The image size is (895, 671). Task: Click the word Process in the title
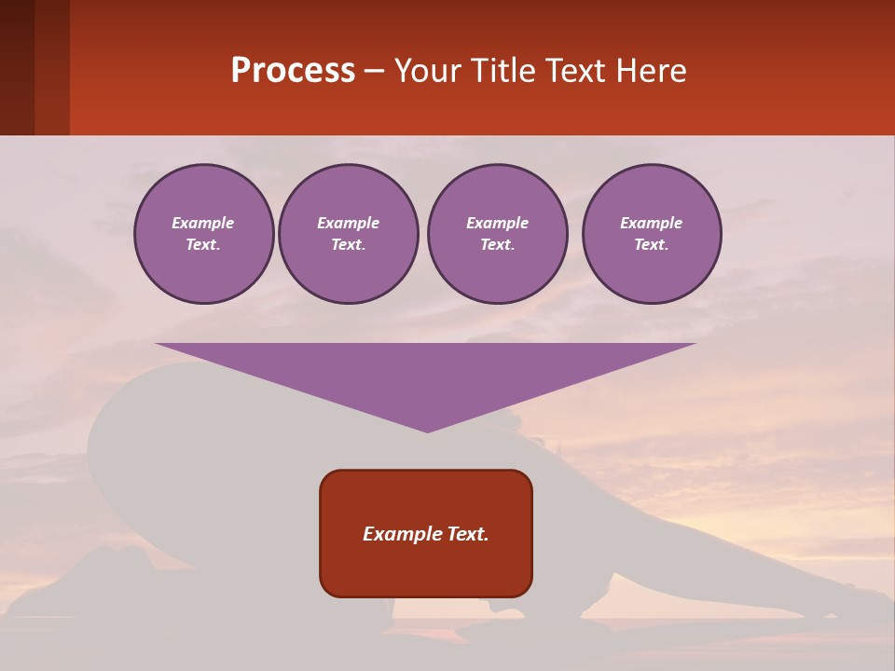point(293,70)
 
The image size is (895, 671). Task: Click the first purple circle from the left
point(203,234)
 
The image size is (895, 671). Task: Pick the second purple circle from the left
point(348,234)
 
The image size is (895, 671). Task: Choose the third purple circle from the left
point(497,234)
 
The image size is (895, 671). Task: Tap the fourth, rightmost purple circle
point(651,234)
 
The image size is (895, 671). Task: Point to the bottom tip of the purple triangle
point(427,431)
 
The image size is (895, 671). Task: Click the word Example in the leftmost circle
point(203,223)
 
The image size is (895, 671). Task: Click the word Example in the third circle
point(497,223)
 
